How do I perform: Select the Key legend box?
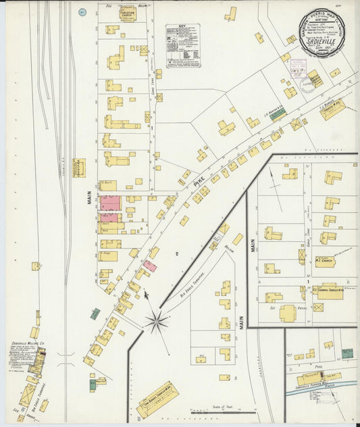pos(182,45)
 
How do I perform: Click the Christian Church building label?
pos(127,13)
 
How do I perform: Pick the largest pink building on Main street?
pos(110,203)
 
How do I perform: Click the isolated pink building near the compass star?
pos(150,266)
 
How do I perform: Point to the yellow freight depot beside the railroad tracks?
pos(80,168)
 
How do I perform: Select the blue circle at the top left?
pos(82,12)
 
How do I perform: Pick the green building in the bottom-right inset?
pos(347,353)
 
